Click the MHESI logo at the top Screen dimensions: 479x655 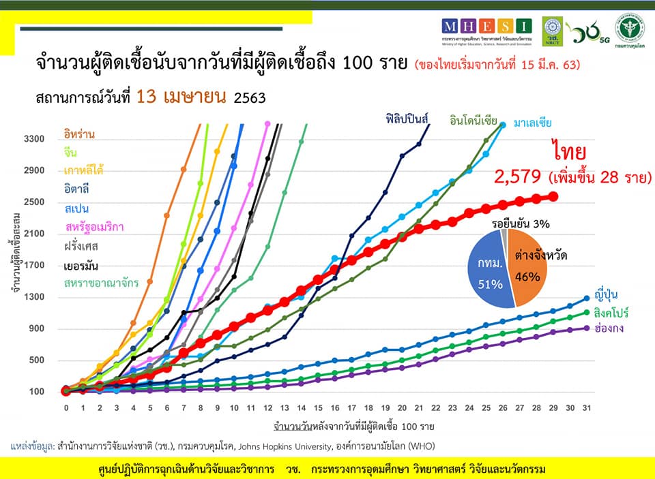486,27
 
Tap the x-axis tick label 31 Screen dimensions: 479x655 587,407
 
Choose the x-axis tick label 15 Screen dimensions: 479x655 318,407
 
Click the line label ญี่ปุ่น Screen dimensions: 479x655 609,288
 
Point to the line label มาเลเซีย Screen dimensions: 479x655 529,123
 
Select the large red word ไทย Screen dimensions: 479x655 570,151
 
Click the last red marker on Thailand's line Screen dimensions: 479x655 553,196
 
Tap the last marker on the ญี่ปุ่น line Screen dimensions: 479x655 587,298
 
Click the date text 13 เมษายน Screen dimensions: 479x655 181,97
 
